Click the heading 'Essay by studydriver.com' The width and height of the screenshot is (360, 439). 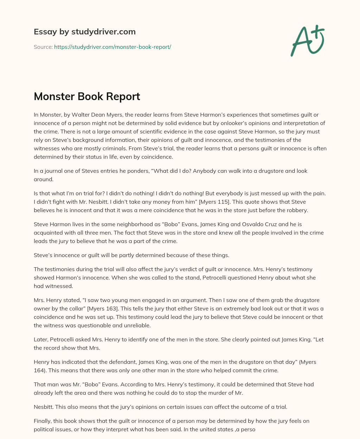pos(85,32)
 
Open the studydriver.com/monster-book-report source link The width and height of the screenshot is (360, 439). pos(112,47)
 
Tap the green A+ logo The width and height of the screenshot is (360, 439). pos(307,41)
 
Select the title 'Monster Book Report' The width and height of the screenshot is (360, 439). pos(87,96)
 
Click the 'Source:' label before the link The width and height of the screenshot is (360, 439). pos(43,47)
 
